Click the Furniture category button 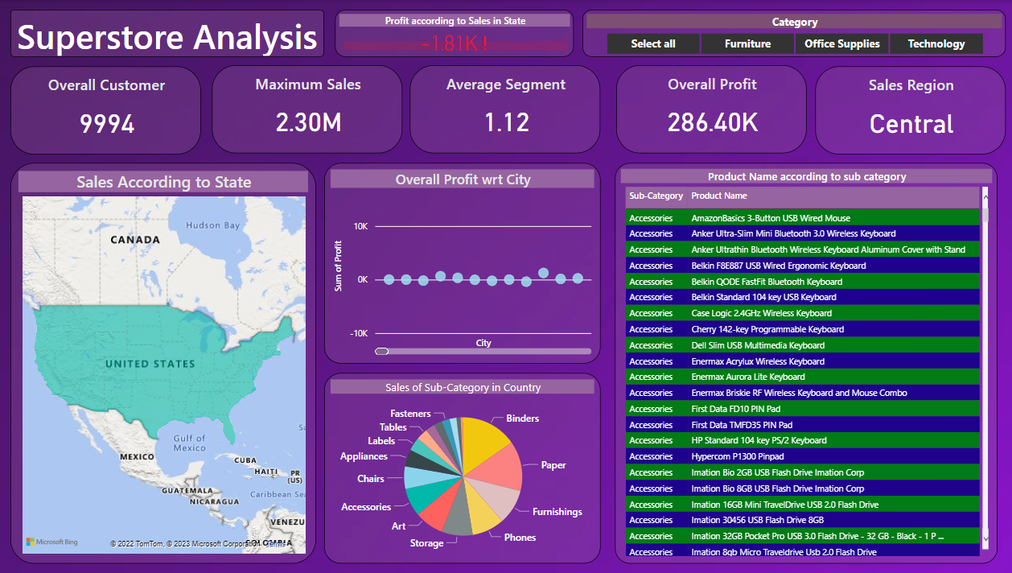click(x=747, y=43)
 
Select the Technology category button click(x=936, y=43)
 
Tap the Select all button click(x=652, y=43)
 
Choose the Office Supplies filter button click(x=841, y=43)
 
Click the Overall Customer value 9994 click(x=106, y=124)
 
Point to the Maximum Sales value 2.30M click(x=308, y=122)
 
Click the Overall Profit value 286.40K click(x=712, y=122)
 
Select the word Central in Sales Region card click(x=911, y=124)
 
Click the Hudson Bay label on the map click(x=213, y=225)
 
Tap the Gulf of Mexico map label click(x=189, y=443)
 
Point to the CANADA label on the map click(x=134, y=240)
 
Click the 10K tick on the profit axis click(x=361, y=227)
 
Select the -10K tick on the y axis click(x=358, y=333)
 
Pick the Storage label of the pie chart click(x=426, y=543)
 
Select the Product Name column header click(x=718, y=196)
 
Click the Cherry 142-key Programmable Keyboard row click(x=767, y=329)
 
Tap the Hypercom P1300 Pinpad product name click(x=737, y=456)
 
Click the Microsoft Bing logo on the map click(x=52, y=542)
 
